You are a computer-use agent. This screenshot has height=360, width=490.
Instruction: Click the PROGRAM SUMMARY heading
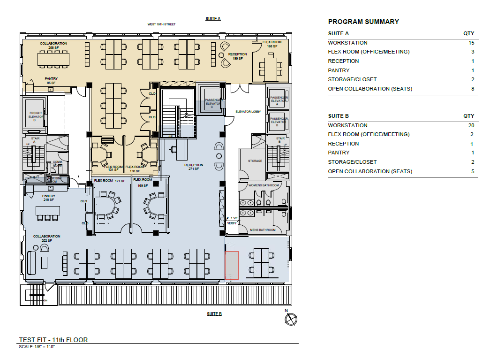[363, 22]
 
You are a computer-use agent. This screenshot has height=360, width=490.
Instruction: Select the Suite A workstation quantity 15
[471, 43]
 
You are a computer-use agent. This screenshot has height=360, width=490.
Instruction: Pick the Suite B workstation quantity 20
[471, 125]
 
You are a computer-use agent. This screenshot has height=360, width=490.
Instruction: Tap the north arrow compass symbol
[291, 319]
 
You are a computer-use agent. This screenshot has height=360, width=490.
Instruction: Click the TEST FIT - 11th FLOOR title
[53, 340]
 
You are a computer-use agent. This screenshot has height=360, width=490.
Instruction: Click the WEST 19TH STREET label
[161, 24]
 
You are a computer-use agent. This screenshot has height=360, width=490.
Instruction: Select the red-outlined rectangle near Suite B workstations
[232, 266]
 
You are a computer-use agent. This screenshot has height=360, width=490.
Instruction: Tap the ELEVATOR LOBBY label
[248, 112]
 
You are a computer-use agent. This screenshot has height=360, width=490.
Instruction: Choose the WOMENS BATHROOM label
[264, 185]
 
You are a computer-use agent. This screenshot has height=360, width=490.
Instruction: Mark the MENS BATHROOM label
[262, 230]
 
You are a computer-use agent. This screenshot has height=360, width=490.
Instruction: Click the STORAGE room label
[255, 161]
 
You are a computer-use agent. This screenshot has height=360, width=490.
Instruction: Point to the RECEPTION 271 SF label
[194, 167]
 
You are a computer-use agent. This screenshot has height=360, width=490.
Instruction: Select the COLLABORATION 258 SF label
[53, 46]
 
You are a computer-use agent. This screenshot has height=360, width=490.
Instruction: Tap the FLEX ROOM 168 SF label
[271, 44]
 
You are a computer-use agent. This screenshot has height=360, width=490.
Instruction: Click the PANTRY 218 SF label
[48, 198]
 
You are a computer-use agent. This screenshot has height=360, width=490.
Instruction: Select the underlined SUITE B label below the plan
[214, 314]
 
